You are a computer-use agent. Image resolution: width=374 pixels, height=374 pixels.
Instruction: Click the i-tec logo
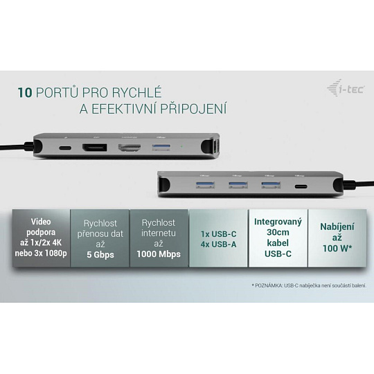tap(346, 88)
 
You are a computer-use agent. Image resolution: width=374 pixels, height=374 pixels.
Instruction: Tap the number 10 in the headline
tap(25, 92)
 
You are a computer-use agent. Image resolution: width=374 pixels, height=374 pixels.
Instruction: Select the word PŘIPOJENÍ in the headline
tap(193, 108)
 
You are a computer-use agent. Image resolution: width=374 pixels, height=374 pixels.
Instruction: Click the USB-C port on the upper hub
tap(65, 148)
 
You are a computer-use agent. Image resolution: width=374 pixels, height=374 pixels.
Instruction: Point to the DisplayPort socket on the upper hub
tap(95, 148)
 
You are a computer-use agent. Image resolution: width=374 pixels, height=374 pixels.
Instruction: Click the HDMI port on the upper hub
tap(130, 148)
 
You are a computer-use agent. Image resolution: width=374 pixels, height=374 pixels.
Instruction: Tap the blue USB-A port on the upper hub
tap(161, 148)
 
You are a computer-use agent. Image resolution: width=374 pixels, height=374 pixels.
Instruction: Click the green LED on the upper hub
tap(181, 146)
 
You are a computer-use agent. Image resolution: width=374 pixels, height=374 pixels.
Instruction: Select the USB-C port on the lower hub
tap(301, 186)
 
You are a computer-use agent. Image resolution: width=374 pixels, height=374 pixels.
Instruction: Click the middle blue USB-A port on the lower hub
tap(238, 185)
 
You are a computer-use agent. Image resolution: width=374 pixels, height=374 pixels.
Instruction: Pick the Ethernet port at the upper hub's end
tap(215, 148)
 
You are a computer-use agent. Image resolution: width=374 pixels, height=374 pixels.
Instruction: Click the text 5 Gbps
tap(100, 254)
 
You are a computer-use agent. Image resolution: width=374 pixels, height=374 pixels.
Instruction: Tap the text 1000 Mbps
tap(159, 254)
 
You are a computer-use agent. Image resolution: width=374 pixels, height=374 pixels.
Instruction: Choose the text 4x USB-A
tap(218, 244)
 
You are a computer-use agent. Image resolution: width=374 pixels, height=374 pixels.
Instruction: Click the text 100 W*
tap(337, 249)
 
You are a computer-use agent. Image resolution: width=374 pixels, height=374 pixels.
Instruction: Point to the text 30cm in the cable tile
tap(278, 232)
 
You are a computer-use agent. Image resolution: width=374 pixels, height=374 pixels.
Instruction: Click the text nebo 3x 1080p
tap(41, 253)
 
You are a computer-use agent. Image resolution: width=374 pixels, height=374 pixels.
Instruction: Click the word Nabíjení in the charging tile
tap(337, 226)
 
